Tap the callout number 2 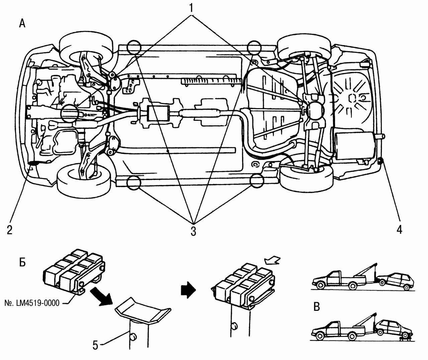tap(9, 230)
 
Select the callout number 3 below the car tap(193, 231)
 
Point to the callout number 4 tap(399, 230)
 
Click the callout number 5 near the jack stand tap(96, 345)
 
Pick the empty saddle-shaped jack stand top tap(142, 311)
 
